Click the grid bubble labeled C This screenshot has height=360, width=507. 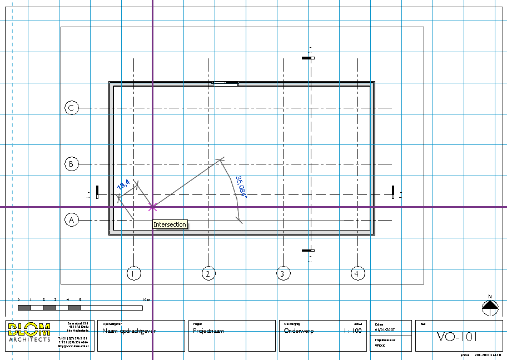click(71, 108)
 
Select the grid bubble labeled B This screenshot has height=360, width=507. click(71, 164)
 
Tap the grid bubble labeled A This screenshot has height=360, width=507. click(71, 221)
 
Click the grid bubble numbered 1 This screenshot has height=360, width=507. click(133, 273)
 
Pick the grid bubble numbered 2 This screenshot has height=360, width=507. click(208, 273)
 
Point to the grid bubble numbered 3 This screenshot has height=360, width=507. click(284, 273)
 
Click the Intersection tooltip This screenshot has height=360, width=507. click(170, 224)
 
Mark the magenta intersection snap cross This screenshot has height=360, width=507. click(152, 207)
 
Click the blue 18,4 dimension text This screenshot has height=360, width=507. click(123, 184)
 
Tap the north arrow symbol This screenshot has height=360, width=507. click(490, 306)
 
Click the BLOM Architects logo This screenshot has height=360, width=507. click(29, 332)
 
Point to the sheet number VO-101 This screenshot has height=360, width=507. click(456, 336)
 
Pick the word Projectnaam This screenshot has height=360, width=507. click(208, 331)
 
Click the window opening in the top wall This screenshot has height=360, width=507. click(226, 84)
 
